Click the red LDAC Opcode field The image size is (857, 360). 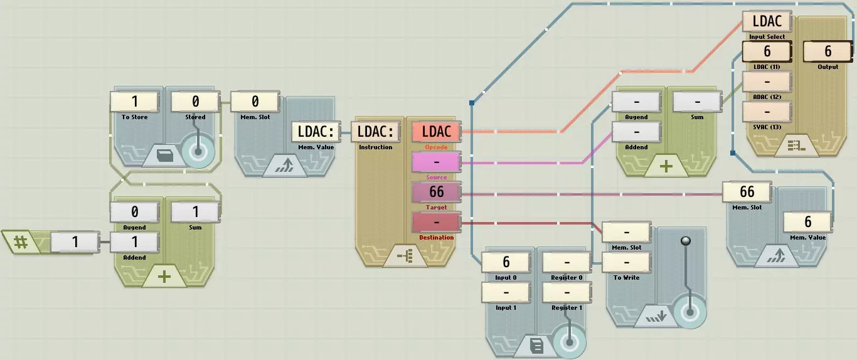coord(436,132)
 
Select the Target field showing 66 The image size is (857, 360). coord(436,192)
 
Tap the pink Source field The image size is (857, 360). coord(436,162)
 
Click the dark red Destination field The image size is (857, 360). coord(436,223)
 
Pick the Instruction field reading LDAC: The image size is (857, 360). coord(375,132)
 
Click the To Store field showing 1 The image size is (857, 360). coord(134,102)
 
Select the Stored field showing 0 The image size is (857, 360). coord(195,102)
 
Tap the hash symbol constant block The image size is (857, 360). coord(21,241)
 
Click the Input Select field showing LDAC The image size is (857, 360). coord(767,21)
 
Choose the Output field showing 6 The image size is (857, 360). coord(828,51)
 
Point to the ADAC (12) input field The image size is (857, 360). coord(767,82)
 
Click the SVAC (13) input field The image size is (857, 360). coord(767,112)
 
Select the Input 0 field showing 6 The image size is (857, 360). coord(506,262)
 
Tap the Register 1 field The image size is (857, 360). coord(567,292)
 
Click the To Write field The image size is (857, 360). coord(626,262)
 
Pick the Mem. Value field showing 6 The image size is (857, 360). coord(807,222)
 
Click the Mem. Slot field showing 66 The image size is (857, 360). coord(747,192)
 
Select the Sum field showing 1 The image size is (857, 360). coord(195,212)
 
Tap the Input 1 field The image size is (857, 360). coord(506,292)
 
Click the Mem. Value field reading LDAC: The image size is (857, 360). coord(315,132)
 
